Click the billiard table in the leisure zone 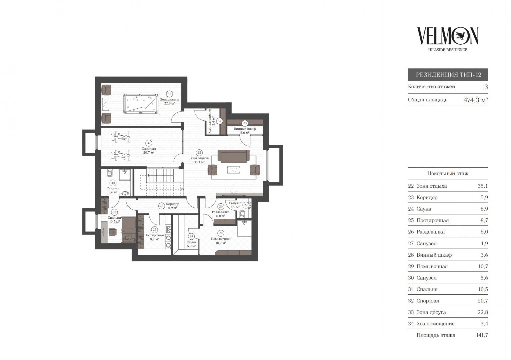point(140,104)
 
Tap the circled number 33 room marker point(169,94)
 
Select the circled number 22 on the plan point(199,153)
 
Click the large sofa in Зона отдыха point(233,156)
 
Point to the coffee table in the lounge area point(233,170)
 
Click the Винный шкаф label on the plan point(245,129)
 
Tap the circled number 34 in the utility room point(219,121)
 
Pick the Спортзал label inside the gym point(149,149)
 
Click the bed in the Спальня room point(129,230)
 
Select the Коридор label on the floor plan point(173,204)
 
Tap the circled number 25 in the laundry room point(155,230)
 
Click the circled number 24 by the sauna point(191,236)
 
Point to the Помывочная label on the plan point(221,239)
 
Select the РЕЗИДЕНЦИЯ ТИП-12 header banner point(448,75)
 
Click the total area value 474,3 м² point(476,100)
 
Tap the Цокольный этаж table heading point(448,174)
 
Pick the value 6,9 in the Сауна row point(484,209)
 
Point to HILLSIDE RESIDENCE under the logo point(448,50)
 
